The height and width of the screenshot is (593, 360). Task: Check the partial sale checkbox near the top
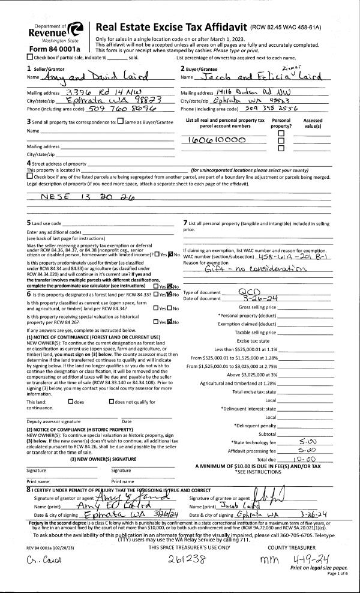30,57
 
